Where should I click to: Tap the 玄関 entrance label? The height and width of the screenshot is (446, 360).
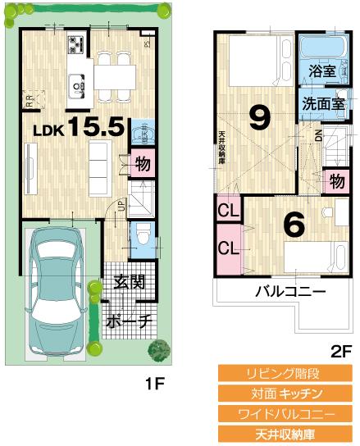pyautogui.click(x=129, y=283)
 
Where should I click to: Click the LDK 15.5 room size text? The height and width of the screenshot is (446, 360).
pyautogui.click(x=79, y=128)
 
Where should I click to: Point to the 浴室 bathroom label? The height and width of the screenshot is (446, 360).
pyautogui.click(x=322, y=71)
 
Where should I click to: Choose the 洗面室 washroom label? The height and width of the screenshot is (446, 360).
pyautogui.click(x=321, y=104)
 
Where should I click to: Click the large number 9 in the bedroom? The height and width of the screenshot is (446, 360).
pyautogui.click(x=259, y=120)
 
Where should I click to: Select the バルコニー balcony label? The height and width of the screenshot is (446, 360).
pyautogui.click(x=289, y=291)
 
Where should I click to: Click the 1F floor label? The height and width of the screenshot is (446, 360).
pyautogui.click(x=154, y=383)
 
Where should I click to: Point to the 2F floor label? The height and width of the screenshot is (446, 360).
pyautogui.click(x=339, y=350)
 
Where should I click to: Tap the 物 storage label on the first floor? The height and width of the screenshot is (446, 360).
pyautogui.click(x=142, y=163)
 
